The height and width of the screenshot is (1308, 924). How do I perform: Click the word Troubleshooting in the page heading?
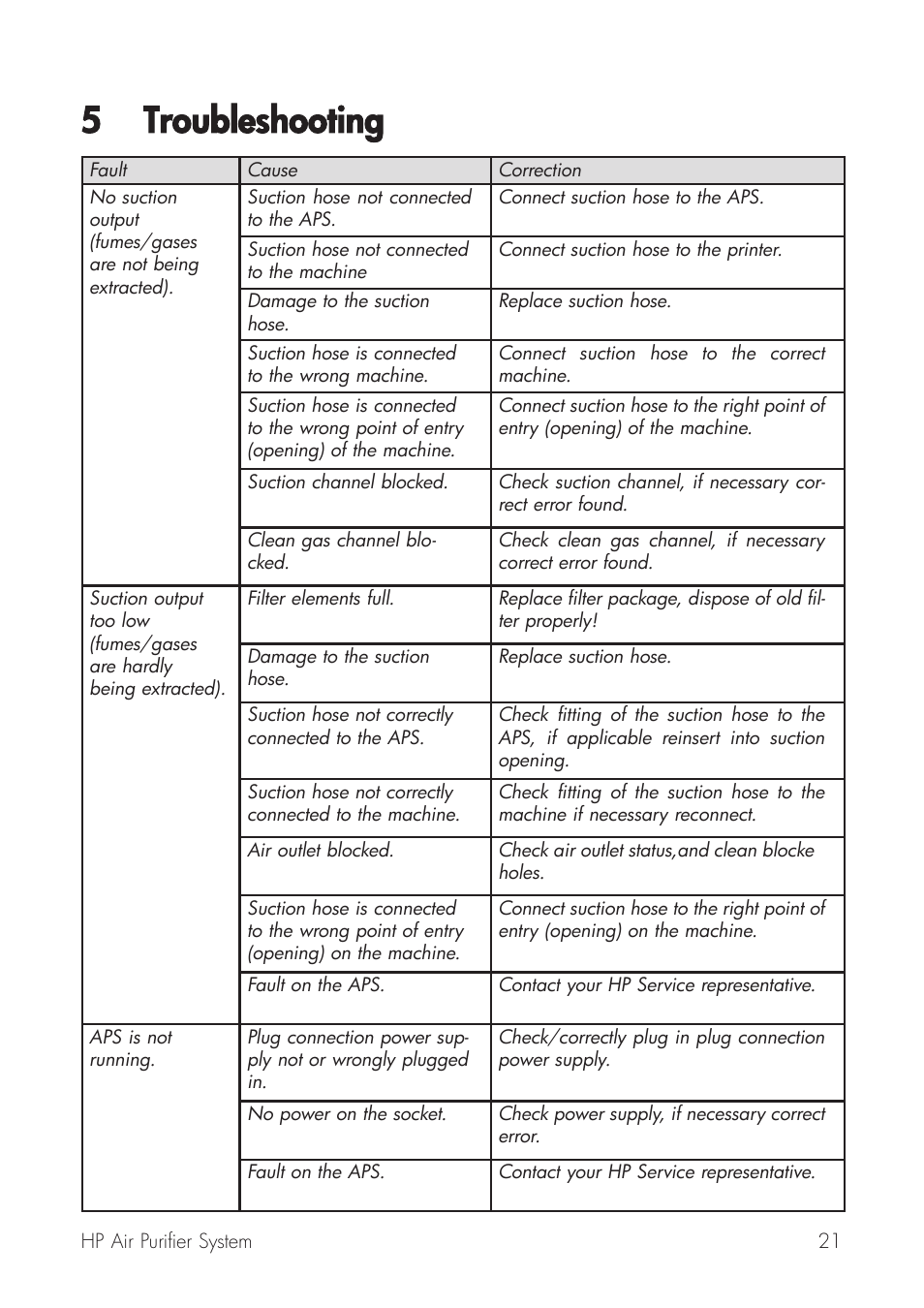pyautogui.click(x=262, y=122)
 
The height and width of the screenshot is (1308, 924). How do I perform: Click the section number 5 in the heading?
pyautogui.click(x=91, y=122)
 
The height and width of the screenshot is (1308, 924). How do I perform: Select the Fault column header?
pyautogui.click(x=108, y=171)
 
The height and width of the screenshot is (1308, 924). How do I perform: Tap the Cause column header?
pyautogui.click(x=272, y=171)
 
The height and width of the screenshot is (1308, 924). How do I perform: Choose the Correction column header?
pyautogui.click(x=539, y=171)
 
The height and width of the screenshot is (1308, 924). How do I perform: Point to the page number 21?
pyautogui.click(x=828, y=1241)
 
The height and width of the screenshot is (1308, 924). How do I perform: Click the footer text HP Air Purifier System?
pyautogui.click(x=167, y=1241)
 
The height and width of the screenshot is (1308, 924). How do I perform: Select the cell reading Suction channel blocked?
pyautogui.click(x=348, y=483)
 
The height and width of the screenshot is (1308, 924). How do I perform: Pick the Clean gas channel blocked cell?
pyautogui.click(x=341, y=551)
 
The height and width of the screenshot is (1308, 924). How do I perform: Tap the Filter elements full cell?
pyautogui.click(x=321, y=599)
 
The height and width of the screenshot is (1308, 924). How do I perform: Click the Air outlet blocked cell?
pyautogui.click(x=321, y=851)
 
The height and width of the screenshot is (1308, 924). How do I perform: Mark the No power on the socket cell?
pyautogui.click(x=347, y=1114)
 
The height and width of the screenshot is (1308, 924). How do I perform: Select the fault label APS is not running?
pyautogui.click(x=131, y=1048)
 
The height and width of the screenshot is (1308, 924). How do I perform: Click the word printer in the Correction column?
pyautogui.click(x=753, y=250)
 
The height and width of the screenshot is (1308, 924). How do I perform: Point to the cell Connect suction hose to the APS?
pyautogui.click(x=631, y=198)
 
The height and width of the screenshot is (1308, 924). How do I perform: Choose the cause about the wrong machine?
pyautogui.click(x=352, y=365)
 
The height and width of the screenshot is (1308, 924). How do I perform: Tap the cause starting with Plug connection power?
pyautogui.click(x=357, y=1060)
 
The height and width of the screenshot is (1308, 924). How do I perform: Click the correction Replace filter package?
pyautogui.click(x=662, y=609)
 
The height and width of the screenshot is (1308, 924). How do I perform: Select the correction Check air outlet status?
pyautogui.click(x=656, y=861)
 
